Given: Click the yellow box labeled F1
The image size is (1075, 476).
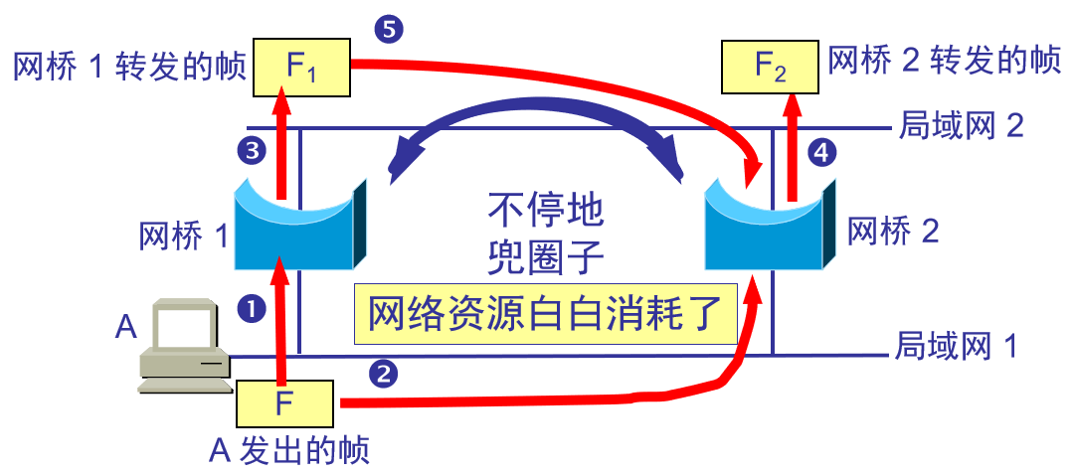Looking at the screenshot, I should tap(302, 67).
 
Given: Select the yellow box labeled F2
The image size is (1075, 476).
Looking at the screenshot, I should tap(771, 67).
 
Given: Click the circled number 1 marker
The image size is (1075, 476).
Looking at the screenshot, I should tap(252, 309).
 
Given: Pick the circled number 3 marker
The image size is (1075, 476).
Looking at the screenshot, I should tap(252, 151).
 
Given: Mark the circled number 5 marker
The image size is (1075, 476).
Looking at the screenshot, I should tap(388, 30).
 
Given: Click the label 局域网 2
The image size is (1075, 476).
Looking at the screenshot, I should tap(961, 126).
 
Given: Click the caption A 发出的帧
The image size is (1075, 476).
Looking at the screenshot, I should tap(289, 451).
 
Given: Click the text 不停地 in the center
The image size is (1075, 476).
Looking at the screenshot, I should tap(545, 212).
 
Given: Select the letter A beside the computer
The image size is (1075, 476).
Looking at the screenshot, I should tap(125, 328).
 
